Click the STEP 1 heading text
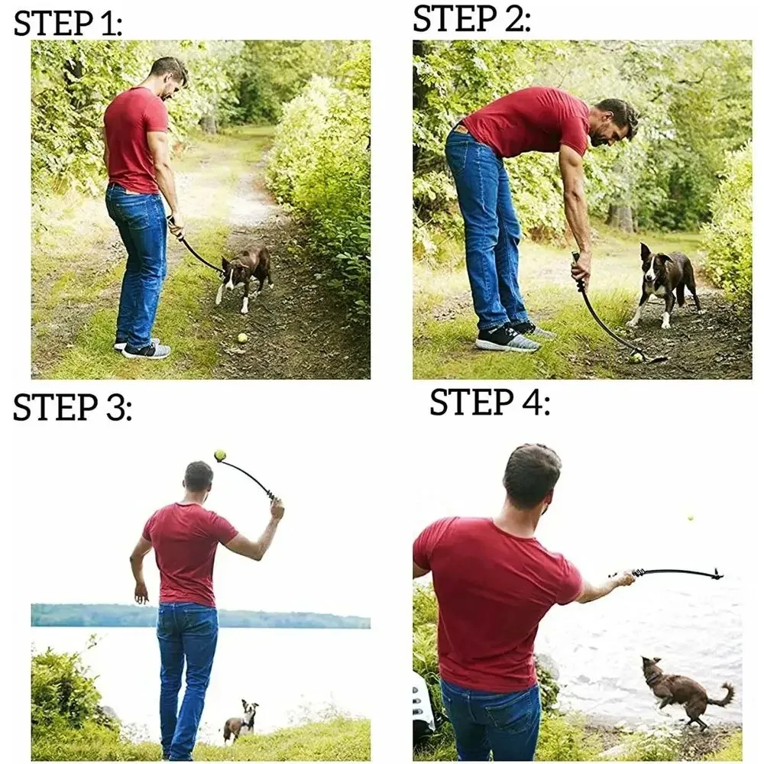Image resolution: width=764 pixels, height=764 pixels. coord(68,24)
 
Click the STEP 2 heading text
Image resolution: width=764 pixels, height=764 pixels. coord(471,18)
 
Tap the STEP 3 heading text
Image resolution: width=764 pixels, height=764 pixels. coord(73,408)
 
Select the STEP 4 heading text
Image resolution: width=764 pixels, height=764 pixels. coord(489,403)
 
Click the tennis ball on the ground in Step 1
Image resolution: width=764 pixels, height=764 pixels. coord(242,337)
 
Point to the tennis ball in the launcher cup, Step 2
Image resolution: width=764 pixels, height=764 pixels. coord(636,356)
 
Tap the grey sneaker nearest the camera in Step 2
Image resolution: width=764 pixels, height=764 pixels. coord(506,338)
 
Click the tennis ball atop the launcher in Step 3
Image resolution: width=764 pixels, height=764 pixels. coord(220,455)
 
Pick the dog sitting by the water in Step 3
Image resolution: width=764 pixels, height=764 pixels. coord(241,721)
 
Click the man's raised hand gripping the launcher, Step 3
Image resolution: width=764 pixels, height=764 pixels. coord(276,507)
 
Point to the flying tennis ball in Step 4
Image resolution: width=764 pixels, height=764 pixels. coord(691,519)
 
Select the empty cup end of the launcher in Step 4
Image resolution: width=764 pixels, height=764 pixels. coord(716,574)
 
